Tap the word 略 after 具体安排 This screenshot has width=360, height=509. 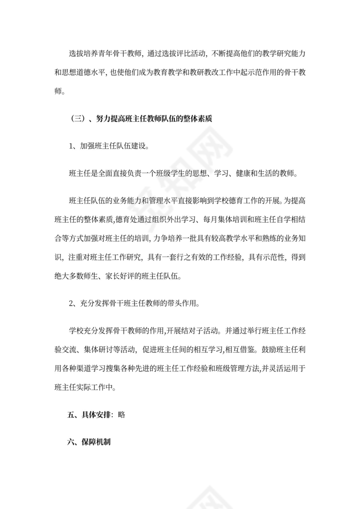pyautogui.click(x=121, y=414)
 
